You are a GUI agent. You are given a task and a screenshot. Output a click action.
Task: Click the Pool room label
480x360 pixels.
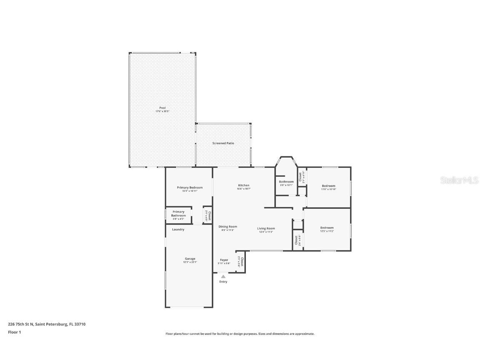pos(162,108)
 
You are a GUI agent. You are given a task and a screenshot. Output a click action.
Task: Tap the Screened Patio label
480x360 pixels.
pos(223,143)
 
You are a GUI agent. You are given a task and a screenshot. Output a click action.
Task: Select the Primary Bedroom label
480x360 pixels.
pos(190,187)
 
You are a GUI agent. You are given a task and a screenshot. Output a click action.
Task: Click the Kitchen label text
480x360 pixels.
pos(244,185)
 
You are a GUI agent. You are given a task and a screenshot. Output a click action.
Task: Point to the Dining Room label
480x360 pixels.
pos(227,227)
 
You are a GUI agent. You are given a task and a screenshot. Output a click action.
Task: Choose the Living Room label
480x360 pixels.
pos(266,228)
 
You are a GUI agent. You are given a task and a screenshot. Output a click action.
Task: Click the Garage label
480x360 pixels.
pos(190,259)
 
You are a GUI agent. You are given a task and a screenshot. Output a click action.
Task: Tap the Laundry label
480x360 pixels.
pos(178,230)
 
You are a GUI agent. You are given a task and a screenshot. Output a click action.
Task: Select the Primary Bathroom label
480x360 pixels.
pos(178,213)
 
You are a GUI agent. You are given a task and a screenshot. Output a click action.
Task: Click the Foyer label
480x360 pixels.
pos(224,260)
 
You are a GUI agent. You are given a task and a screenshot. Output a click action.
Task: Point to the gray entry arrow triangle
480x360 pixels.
pos(223,276)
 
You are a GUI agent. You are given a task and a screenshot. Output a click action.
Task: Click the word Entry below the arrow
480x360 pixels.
pos(223,282)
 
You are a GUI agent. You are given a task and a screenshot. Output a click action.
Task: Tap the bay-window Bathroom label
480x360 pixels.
pos(286,182)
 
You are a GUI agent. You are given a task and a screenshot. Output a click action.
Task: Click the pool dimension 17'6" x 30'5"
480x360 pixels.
pos(162,111)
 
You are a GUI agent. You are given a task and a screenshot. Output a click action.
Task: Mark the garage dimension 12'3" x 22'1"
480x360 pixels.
pos(190,262)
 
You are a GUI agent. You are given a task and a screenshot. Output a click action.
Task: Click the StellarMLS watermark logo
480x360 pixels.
pos(454,180)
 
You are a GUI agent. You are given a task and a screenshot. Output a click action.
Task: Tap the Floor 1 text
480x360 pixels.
pos(14,332)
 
